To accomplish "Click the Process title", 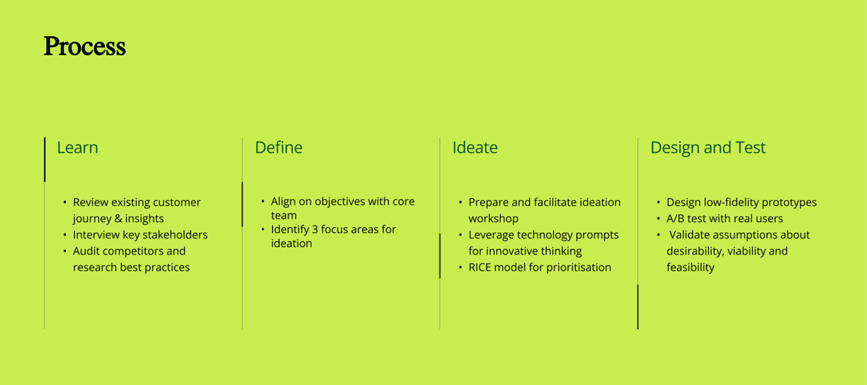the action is [84, 47].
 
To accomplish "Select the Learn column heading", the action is [77, 148].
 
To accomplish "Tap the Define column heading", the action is [278, 148].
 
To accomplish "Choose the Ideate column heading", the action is [475, 148].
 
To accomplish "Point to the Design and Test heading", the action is [708, 148].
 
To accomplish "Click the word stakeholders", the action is [176, 235].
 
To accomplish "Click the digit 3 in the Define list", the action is [314, 229].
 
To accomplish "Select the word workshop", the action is [494, 219].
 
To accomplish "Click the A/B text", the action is [676, 219].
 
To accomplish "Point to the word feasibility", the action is [691, 268].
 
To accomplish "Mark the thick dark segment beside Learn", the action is [45, 159].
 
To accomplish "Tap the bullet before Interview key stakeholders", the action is [64, 235].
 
